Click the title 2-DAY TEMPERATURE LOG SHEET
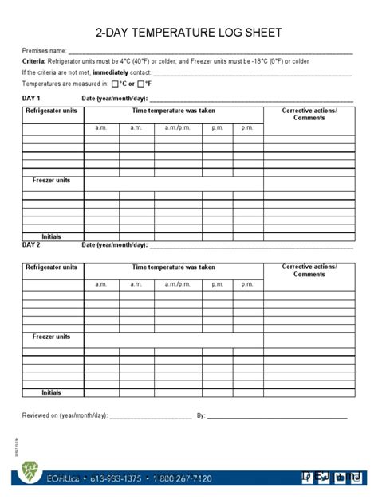click(x=188, y=33)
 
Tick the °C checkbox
click(x=116, y=83)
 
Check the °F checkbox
click(x=141, y=83)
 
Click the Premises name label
click(x=44, y=50)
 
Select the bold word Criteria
click(x=33, y=61)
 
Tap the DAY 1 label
click(x=31, y=98)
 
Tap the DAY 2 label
click(x=31, y=244)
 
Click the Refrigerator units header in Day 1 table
click(x=52, y=111)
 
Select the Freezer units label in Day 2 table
click(x=52, y=337)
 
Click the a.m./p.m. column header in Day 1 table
click(x=177, y=127)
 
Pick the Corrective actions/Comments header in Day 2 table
click(x=309, y=271)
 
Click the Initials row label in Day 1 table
click(x=52, y=236)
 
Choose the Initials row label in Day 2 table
click(x=52, y=392)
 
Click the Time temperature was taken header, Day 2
click(x=173, y=267)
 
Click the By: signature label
click(x=201, y=415)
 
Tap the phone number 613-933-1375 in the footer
click(x=116, y=478)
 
